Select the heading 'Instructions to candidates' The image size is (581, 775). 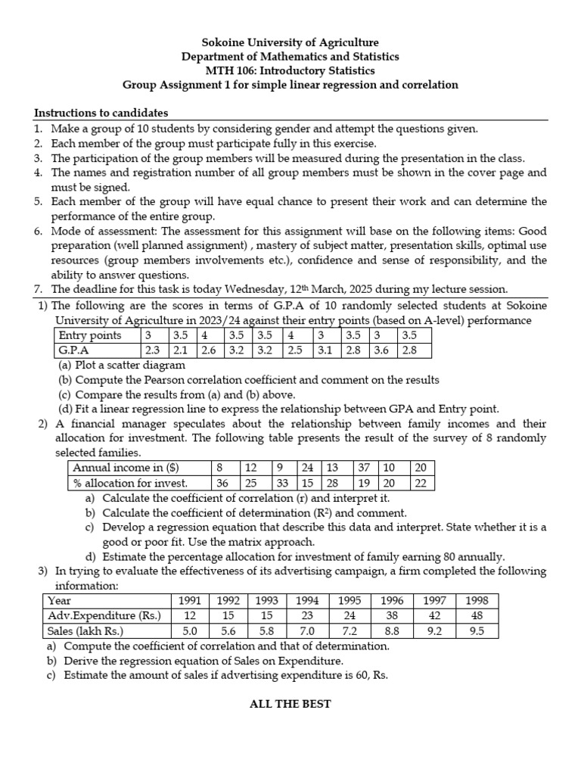101,113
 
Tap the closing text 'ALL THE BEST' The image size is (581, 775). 290,704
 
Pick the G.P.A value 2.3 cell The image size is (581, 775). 153,350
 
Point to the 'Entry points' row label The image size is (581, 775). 90,335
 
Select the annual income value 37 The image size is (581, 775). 364,468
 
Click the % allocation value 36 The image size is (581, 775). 222,483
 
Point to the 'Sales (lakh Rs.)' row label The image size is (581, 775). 85,630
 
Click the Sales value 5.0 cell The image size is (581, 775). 190,630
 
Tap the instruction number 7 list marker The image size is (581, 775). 38,289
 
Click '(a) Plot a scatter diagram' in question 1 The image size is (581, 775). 121,366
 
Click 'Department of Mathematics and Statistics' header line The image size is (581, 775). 290,57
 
